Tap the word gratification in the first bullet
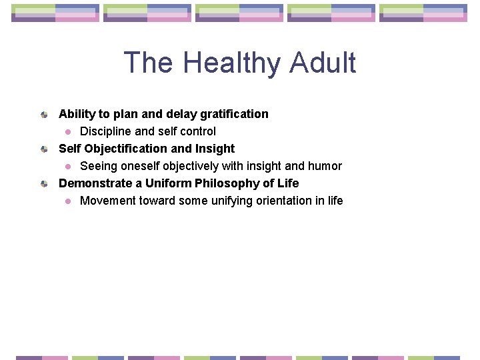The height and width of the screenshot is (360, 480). (234, 114)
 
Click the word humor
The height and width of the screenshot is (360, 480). (325, 166)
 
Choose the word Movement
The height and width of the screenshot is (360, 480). (108, 201)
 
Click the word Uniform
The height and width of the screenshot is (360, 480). (169, 183)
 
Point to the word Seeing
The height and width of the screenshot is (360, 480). (97, 166)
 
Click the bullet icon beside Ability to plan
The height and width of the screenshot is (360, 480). (43, 115)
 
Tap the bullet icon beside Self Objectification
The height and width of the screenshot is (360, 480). (43, 149)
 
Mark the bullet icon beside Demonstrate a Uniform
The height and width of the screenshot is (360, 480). (43, 184)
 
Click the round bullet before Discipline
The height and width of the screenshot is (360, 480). (67, 132)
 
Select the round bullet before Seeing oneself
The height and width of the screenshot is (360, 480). (67, 167)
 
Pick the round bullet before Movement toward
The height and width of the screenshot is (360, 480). (67, 201)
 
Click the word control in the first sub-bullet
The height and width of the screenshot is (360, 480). (199, 131)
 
